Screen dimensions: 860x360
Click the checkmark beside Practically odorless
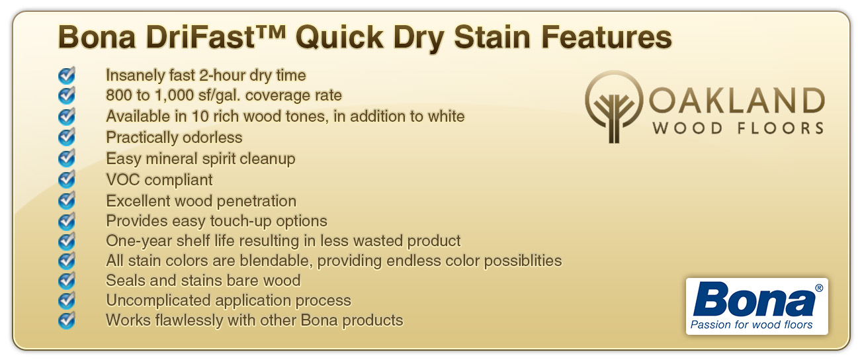click(67, 136)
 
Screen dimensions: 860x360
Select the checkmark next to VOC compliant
click(67, 179)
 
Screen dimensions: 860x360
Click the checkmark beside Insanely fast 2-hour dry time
click(67, 75)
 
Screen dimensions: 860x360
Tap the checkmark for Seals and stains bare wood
click(67, 280)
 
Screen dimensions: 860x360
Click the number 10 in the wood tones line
click(200, 116)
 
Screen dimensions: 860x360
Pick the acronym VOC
click(123, 180)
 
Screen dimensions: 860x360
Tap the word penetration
click(257, 201)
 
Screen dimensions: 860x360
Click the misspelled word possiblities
click(523, 261)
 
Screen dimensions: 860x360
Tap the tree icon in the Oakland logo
click(614, 107)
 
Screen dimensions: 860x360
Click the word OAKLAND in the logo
click(737, 101)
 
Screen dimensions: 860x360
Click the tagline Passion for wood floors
click(752, 325)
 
